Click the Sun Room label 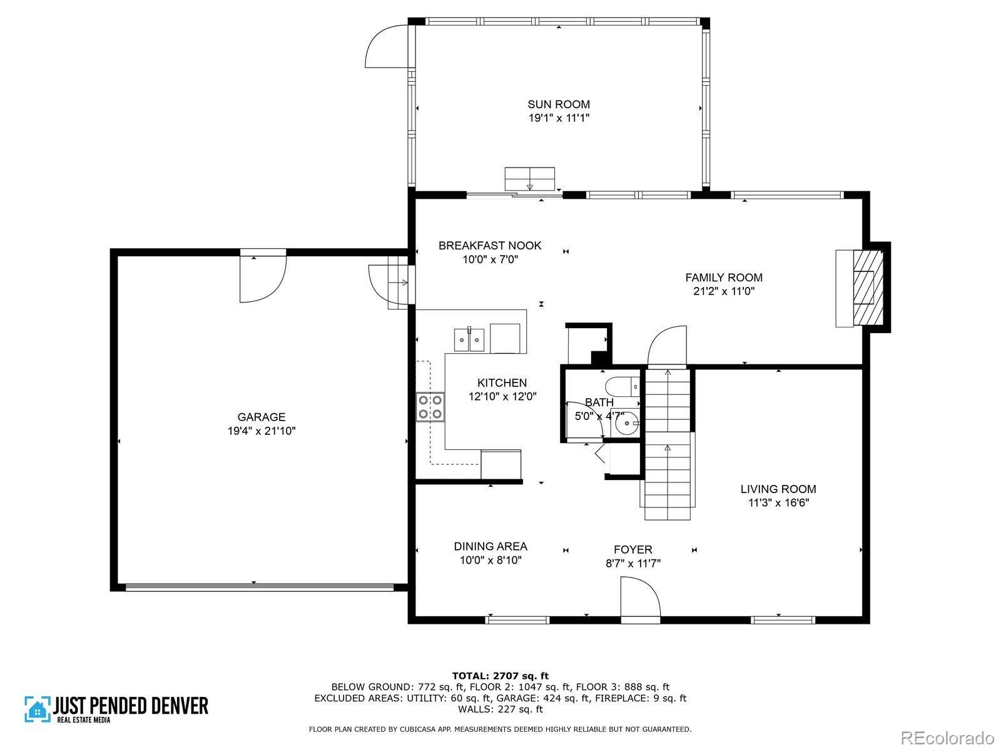click(559, 104)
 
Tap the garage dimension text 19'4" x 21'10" click(262, 431)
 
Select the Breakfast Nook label click(490, 246)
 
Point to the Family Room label click(724, 277)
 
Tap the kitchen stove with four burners click(430, 407)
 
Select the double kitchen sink click(469, 339)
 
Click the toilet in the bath click(622, 387)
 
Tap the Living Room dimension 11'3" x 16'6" click(778, 502)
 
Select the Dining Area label click(490, 546)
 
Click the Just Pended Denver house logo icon click(38, 709)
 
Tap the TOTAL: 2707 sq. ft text click(500, 676)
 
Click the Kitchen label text click(502, 382)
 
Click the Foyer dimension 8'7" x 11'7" click(633, 563)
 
